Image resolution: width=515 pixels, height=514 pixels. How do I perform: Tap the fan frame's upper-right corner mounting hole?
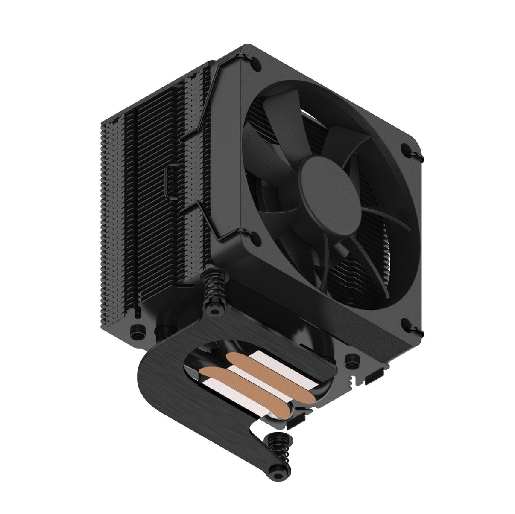click(406, 149)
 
